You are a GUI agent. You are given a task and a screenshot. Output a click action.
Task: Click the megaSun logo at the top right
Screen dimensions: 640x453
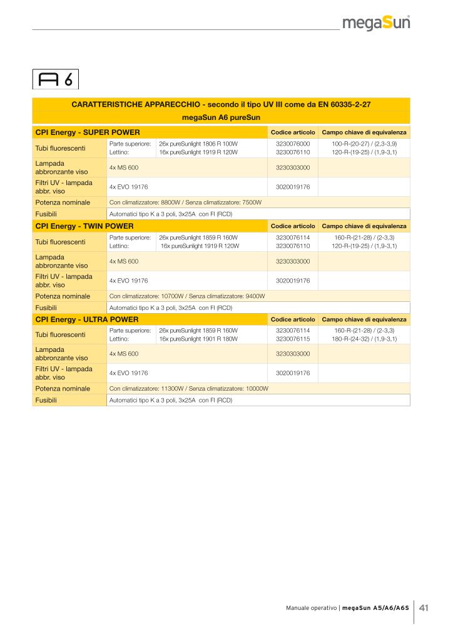pos(376,24)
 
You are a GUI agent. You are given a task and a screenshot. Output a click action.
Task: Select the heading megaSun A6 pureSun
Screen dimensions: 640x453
pos(221,117)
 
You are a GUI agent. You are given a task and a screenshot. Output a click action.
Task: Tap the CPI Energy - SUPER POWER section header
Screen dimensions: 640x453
pos(87,132)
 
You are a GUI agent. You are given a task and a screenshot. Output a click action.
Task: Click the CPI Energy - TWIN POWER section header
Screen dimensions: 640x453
pos(84,226)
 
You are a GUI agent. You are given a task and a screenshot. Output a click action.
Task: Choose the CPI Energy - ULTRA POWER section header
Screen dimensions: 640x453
pos(87,319)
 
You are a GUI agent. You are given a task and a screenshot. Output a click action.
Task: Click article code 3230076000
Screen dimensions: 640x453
pos(293,144)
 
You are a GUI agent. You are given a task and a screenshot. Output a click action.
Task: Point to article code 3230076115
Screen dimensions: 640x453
pos(293,339)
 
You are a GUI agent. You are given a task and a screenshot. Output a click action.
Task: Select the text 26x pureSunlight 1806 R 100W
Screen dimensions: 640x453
pos(198,144)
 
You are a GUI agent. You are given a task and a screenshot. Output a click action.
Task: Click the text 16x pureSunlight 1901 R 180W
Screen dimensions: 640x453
pos(198,339)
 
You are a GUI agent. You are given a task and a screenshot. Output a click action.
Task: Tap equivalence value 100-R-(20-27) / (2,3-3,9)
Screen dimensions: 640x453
pos(364,144)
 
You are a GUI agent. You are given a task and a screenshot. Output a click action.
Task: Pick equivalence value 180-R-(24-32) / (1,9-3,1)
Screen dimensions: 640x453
pos(364,339)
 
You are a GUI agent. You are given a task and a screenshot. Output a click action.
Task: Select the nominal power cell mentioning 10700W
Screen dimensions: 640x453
pos(187,296)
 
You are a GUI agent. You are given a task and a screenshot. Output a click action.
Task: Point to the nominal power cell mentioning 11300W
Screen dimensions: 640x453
pos(188,388)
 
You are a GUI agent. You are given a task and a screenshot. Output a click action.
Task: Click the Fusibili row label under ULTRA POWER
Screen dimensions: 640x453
pos(46,400)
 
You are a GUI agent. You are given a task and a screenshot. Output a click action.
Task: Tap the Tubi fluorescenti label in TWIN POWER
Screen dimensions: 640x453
pos(60,241)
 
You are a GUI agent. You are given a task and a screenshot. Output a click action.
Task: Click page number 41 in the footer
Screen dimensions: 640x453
pos(424,607)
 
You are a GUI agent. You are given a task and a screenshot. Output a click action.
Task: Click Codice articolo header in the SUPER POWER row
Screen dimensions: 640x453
pos(292,132)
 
